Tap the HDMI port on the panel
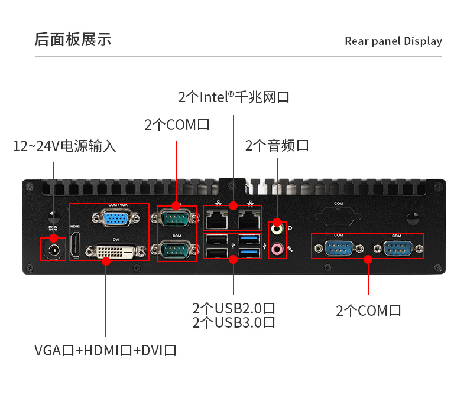[x=75, y=245]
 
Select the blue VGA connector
[x=118, y=218]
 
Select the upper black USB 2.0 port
[x=216, y=239]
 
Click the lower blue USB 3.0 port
[x=249, y=253]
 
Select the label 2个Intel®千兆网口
[x=234, y=97]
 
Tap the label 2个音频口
[x=277, y=145]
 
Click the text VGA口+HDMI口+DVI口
[x=105, y=350]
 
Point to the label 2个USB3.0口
[x=234, y=323]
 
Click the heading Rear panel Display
[x=393, y=41]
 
